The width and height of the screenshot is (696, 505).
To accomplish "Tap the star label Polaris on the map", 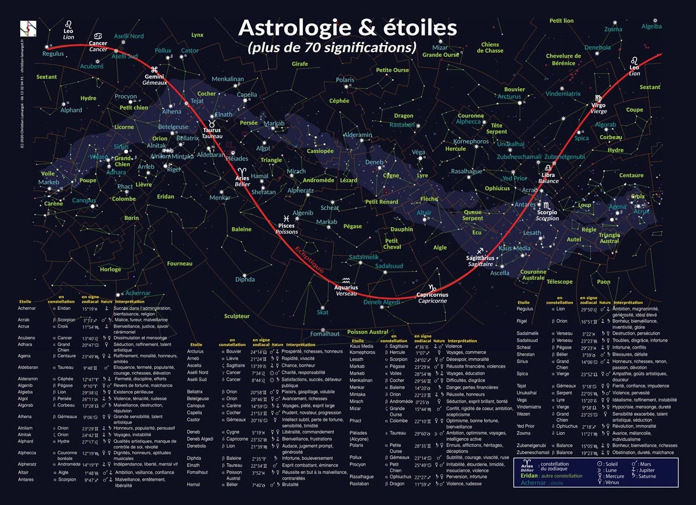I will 345,80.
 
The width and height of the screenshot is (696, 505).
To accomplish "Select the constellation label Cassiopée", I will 320,151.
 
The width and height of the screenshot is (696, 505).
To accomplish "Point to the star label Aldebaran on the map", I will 211,155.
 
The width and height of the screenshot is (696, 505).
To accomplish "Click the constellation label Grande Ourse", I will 441,55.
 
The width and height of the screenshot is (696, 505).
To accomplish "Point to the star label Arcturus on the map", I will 509,97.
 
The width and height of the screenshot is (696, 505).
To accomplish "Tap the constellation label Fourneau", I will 179,264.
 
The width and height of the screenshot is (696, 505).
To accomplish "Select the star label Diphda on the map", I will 245,279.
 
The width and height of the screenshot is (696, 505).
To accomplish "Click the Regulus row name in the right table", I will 525,310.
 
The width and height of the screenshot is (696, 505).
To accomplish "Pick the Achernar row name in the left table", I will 28,308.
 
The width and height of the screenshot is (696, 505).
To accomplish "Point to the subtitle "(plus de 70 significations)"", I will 332,48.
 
